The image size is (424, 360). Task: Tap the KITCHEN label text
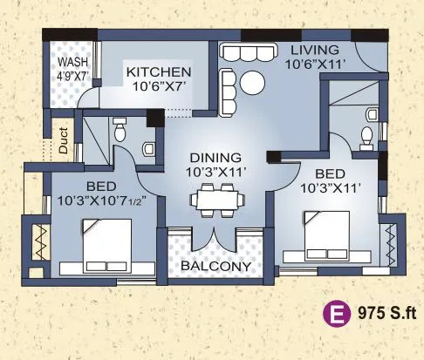[x=158, y=71]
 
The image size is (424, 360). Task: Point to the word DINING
[x=213, y=159]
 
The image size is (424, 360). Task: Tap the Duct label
[x=63, y=142]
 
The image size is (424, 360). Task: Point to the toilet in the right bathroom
[x=367, y=135]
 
